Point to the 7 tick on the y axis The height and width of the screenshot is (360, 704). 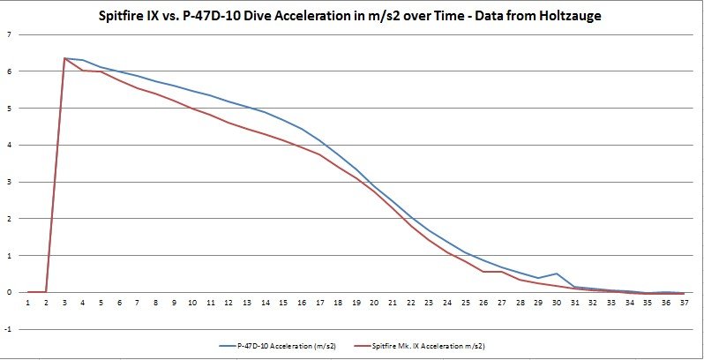click(9, 34)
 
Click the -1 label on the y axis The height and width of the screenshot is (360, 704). click(8, 329)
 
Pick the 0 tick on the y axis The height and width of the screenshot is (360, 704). click(9, 292)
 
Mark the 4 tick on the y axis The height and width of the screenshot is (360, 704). click(9, 145)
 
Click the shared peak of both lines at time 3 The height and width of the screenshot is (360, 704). click(65, 58)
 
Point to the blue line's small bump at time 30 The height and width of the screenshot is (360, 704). click(555, 274)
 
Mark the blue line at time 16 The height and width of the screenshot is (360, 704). click(301, 129)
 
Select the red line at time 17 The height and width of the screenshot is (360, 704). click(319, 154)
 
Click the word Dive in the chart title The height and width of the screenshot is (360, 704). click(293, 15)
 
